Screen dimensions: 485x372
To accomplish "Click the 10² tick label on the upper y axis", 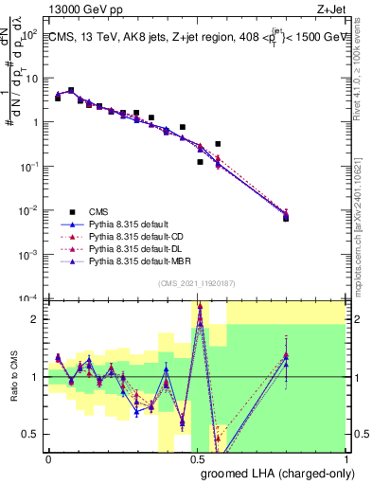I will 31,33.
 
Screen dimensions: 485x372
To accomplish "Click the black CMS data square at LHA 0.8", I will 286,218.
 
